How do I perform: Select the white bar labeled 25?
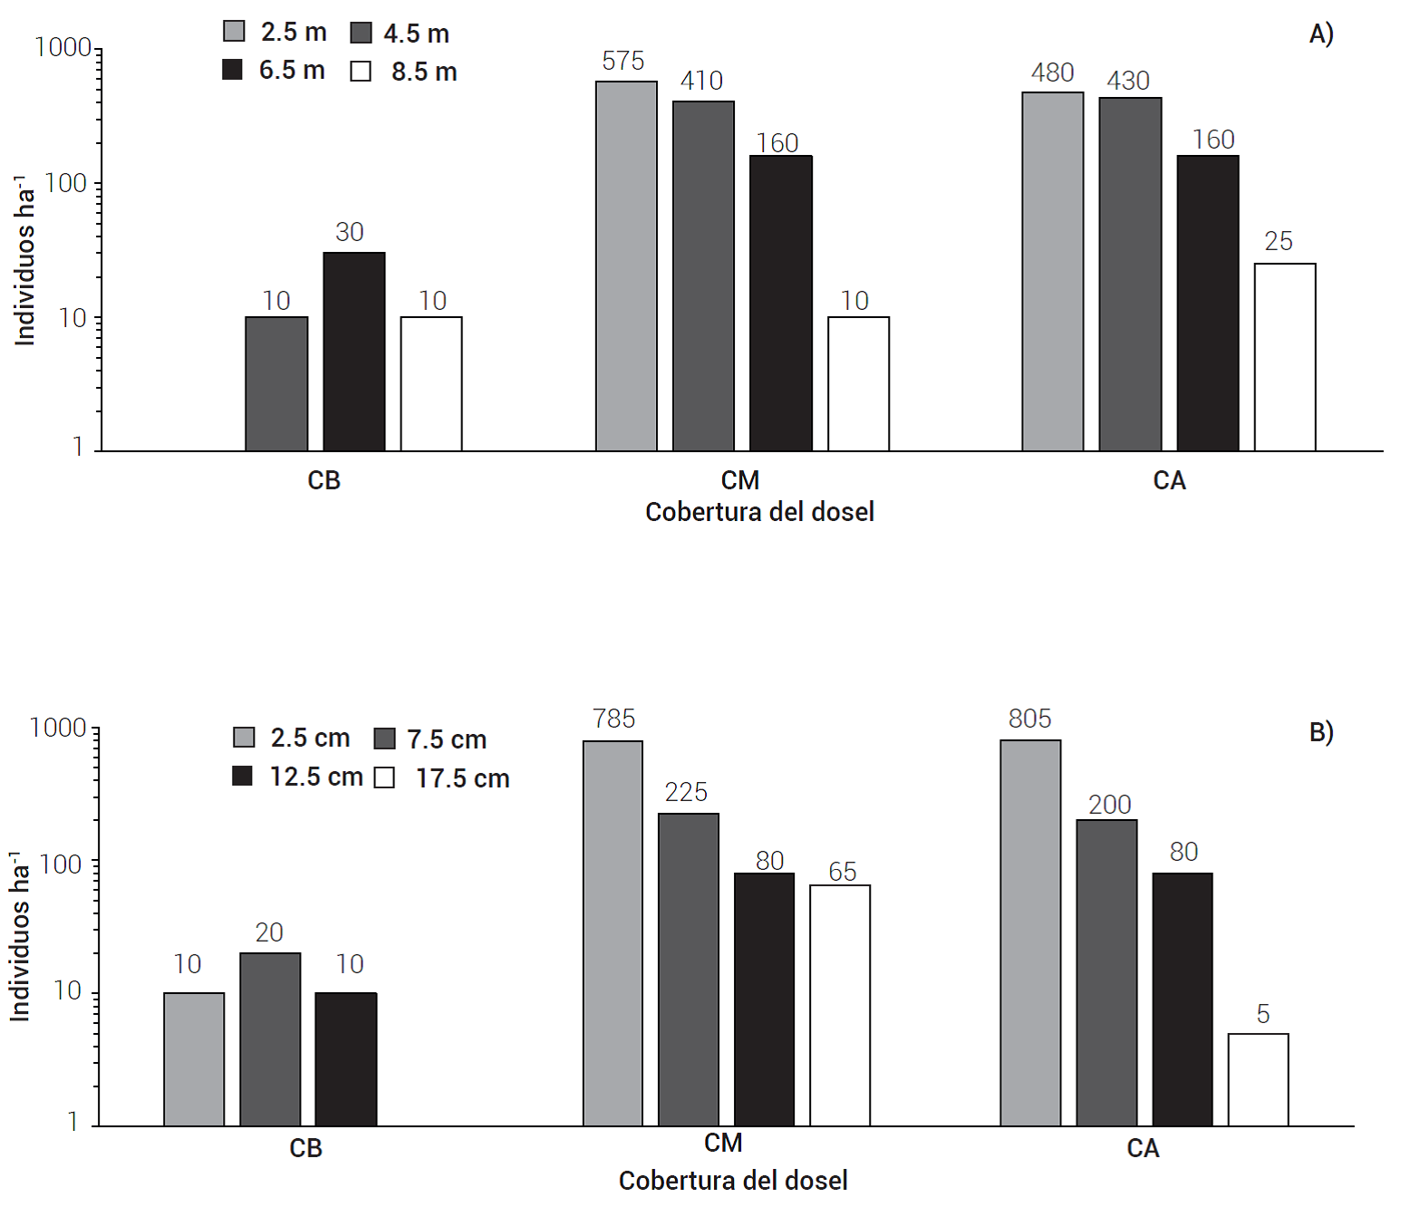pyautogui.click(x=1284, y=357)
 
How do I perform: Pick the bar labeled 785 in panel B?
pyautogui.click(x=613, y=933)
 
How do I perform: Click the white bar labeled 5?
pyautogui.click(x=1258, y=1079)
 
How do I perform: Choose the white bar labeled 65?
pyautogui.click(x=840, y=1005)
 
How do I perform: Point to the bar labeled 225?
pyautogui.click(x=689, y=970)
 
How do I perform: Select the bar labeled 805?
pyautogui.click(x=1030, y=933)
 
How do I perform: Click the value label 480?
pyautogui.click(x=1052, y=72)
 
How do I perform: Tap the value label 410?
pyautogui.click(x=701, y=81)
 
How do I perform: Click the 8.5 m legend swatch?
pyautogui.click(x=361, y=72)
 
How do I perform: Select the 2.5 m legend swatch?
pyautogui.click(x=234, y=32)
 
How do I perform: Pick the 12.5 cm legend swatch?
pyautogui.click(x=242, y=776)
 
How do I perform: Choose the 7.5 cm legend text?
pyautogui.click(x=447, y=739)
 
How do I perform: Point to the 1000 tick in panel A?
pyautogui.click(x=63, y=47)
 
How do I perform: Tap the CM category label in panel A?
pyautogui.click(x=739, y=480)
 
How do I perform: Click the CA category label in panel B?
pyautogui.click(x=1142, y=1148)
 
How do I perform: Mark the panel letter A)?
pyautogui.click(x=1320, y=34)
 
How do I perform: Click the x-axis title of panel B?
pyautogui.click(x=732, y=1181)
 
